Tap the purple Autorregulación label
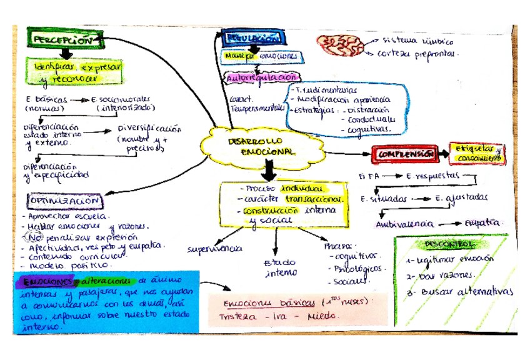[261, 78]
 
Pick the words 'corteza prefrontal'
[418, 54]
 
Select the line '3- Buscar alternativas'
[458, 291]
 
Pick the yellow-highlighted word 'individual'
[302, 188]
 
